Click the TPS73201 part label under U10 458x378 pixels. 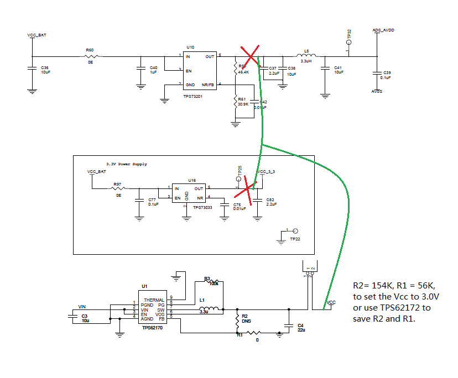pos(194,96)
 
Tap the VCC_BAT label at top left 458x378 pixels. pos(37,35)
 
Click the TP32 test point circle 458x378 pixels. pos(348,44)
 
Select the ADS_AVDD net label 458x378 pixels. pos(383,31)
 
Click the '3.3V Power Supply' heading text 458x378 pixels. pos(127,164)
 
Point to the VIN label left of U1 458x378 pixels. pos(82,306)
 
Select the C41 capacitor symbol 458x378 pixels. pos(324,69)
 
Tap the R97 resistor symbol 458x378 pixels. pos(118,188)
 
